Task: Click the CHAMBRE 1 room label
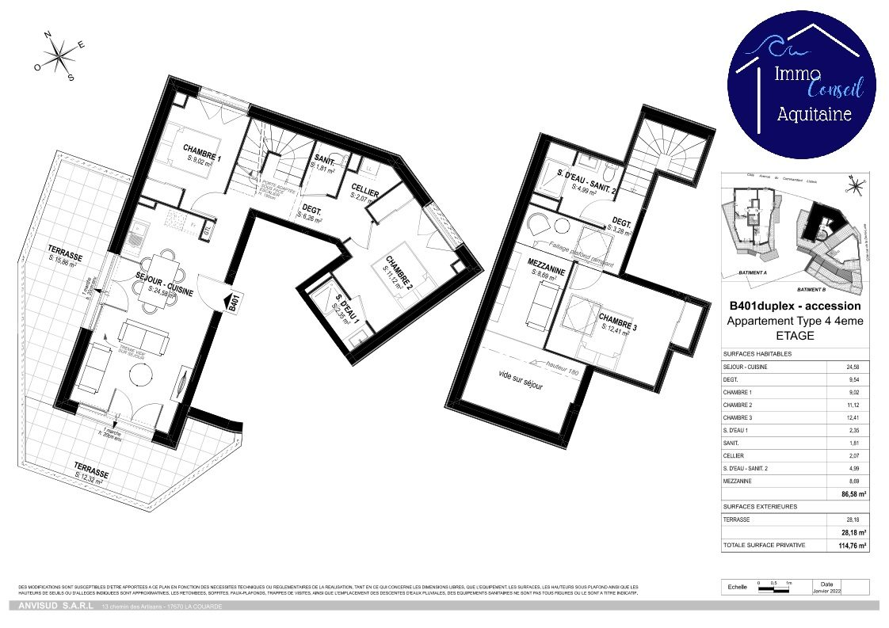click(x=202, y=149)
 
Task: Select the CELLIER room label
click(x=364, y=193)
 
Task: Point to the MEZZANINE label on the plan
click(x=546, y=270)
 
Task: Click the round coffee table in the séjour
click(x=142, y=375)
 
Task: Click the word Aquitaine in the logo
click(x=814, y=115)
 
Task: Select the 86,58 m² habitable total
click(x=853, y=493)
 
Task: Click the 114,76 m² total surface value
click(x=853, y=546)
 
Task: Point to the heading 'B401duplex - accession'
click(x=794, y=306)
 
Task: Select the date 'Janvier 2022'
click(x=827, y=590)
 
